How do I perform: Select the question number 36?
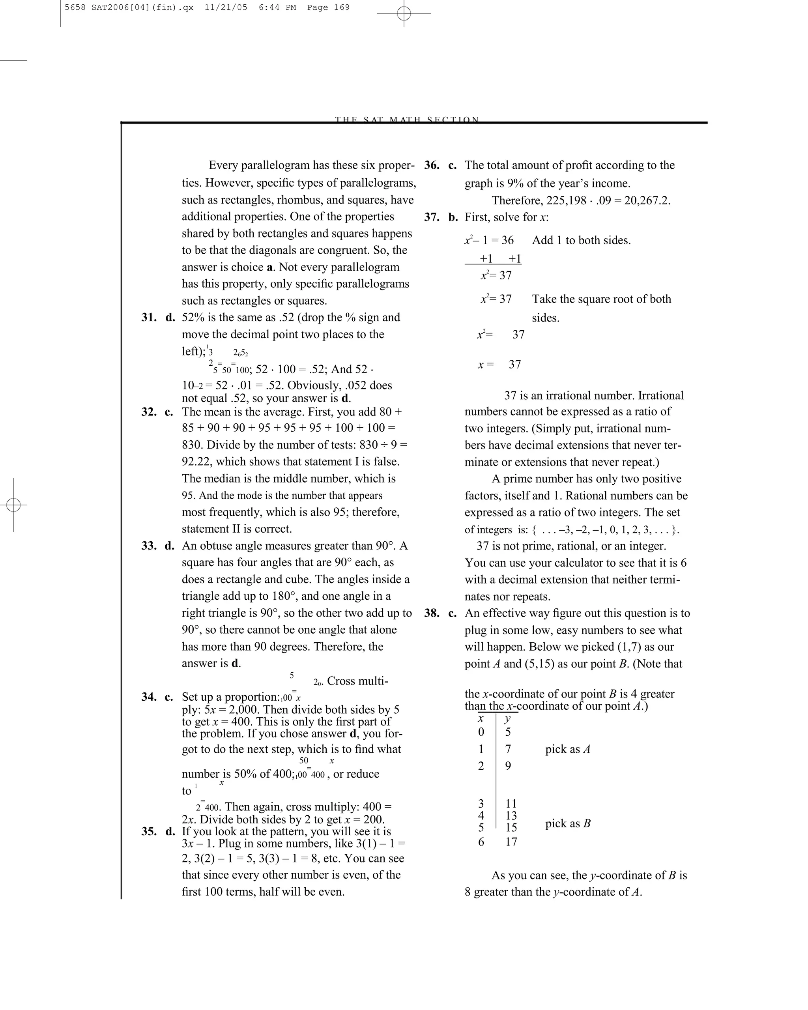click(x=431, y=165)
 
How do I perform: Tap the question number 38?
click(x=431, y=613)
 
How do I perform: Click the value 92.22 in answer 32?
click(x=196, y=462)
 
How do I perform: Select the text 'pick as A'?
click(x=567, y=749)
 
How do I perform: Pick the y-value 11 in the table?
click(x=511, y=804)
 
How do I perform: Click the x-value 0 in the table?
click(x=481, y=732)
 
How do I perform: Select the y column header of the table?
click(x=508, y=718)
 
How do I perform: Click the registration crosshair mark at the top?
click(x=404, y=13)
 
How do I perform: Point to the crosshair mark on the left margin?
click(x=13, y=505)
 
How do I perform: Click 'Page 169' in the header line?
click(x=328, y=7)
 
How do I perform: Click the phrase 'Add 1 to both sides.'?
click(x=581, y=240)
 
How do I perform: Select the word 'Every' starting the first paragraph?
click(x=223, y=165)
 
